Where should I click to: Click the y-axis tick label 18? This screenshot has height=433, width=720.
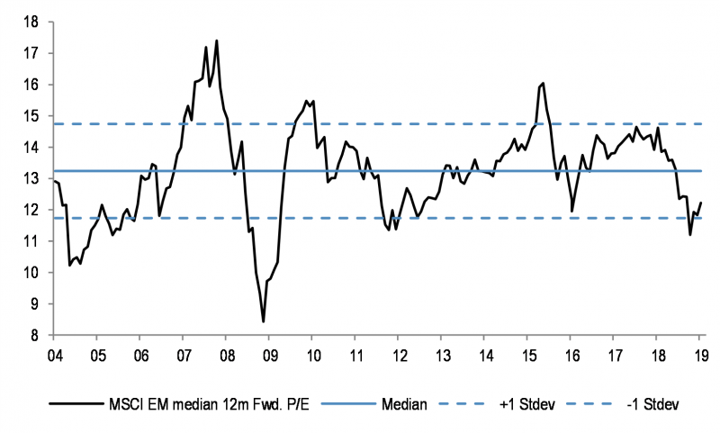(x=35, y=22)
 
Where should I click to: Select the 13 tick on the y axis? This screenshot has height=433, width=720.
(x=35, y=178)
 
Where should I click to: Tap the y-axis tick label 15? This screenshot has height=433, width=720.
(x=35, y=116)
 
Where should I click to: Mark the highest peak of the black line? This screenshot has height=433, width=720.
(x=217, y=41)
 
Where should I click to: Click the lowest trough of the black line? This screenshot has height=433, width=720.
(x=264, y=321)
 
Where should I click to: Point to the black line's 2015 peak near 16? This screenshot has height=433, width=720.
(x=543, y=83)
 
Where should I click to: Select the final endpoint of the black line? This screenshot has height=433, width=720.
(x=701, y=203)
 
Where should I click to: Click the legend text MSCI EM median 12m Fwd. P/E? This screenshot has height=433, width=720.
(x=208, y=405)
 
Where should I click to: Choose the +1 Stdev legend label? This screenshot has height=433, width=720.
(x=526, y=405)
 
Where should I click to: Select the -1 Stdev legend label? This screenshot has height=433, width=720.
(x=652, y=405)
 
